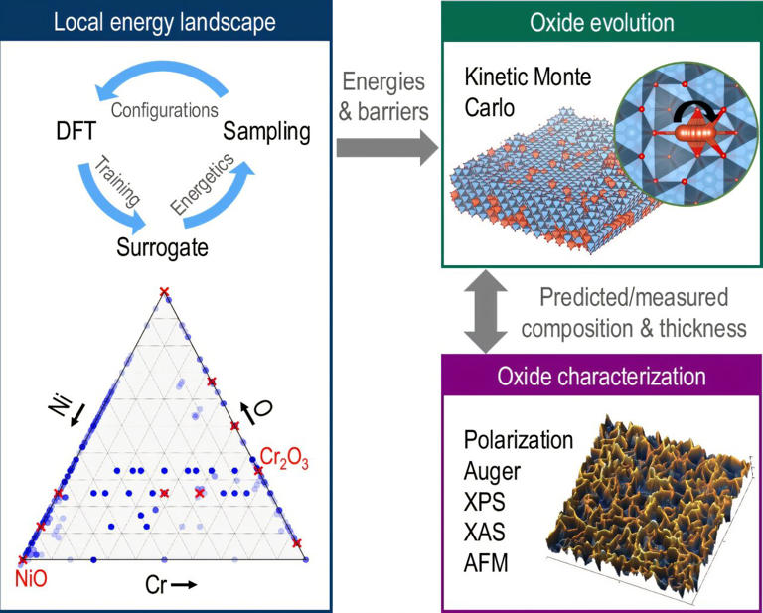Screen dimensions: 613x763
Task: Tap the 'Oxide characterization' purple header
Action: (x=600, y=377)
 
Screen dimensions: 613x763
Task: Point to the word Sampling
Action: (x=266, y=131)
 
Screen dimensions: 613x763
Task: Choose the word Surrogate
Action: (x=164, y=247)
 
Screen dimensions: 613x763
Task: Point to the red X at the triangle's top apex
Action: (x=164, y=291)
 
